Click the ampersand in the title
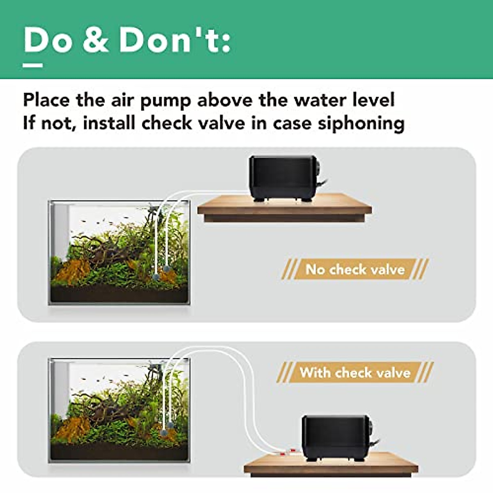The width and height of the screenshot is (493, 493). [96, 40]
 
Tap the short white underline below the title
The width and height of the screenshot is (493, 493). [33, 65]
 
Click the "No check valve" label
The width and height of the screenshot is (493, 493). [355, 270]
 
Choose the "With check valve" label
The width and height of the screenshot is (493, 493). [355, 373]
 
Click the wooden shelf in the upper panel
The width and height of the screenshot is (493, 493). [284, 210]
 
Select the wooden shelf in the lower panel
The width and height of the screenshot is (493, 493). [331, 465]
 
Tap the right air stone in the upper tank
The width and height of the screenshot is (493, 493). [167, 269]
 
